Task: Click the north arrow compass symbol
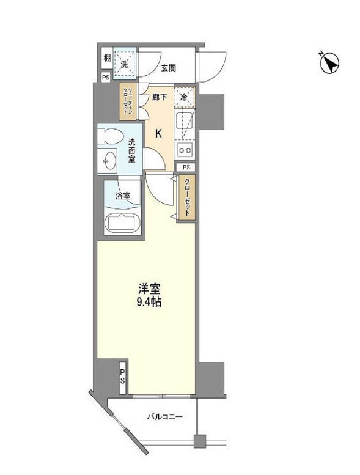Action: coord(329,62)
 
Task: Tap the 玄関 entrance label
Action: coord(169,67)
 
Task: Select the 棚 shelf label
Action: coord(107,59)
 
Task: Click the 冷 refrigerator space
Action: coord(184,97)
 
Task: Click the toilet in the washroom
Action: coord(112,136)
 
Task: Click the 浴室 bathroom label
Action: coord(123,197)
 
